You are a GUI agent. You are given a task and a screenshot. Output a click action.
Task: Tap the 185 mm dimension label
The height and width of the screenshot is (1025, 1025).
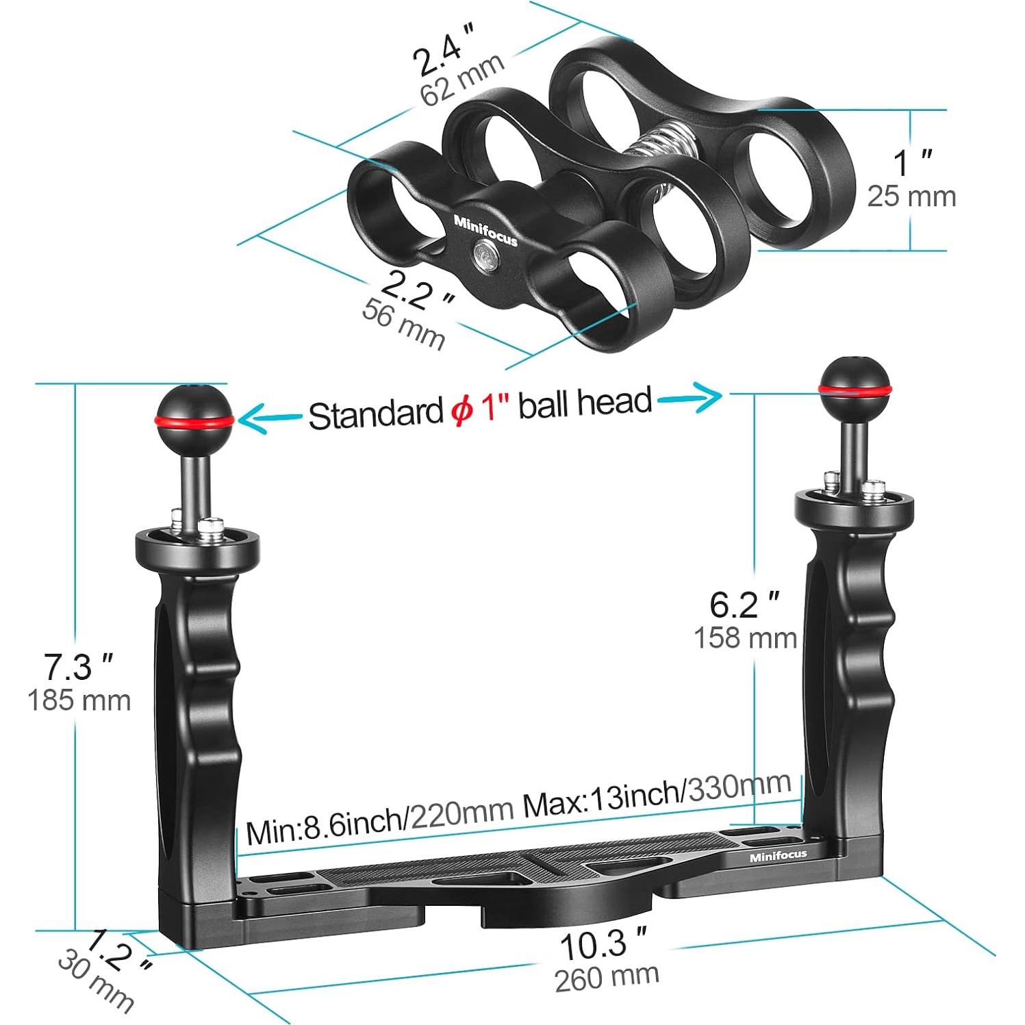pyautogui.click(x=79, y=700)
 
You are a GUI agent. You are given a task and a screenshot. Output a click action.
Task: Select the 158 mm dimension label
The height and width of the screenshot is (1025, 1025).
pyautogui.click(x=745, y=637)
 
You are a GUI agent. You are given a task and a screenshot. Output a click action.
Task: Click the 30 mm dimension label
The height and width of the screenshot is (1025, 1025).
pyautogui.click(x=95, y=981)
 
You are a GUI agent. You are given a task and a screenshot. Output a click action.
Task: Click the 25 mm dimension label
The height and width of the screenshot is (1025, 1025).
pyautogui.click(x=911, y=197)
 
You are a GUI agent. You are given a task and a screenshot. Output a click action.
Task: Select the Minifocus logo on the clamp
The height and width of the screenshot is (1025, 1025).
pyautogui.click(x=485, y=231)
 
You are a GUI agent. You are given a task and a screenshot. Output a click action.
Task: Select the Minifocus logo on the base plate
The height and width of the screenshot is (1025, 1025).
pyautogui.click(x=778, y=856)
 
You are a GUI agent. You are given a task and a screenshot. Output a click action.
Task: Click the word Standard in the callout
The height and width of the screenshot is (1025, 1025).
pyautogui.click(x=375, y=414)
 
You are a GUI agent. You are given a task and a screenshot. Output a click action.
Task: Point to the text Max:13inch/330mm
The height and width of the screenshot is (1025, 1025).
pyautogui.click(x=657, y=796)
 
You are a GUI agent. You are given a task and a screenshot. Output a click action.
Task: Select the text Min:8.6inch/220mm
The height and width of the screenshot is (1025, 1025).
pyautogui.click(x=380, y=822)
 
